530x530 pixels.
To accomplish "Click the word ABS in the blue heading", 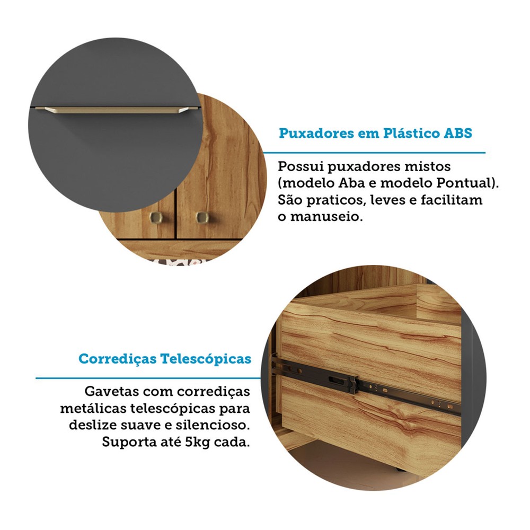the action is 458,133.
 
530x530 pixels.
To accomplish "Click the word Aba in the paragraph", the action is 351,183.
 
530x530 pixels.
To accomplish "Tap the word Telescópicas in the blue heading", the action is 206,359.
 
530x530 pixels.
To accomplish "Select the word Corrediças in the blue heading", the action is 117,359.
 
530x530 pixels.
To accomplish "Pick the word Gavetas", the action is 111,392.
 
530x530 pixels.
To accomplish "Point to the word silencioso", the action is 213,425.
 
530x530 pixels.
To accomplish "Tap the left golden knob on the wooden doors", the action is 156,217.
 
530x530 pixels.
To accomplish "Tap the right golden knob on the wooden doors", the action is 202,217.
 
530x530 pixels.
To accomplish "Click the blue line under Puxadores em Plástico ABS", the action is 374,153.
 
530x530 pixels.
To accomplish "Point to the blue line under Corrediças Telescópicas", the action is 148,377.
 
